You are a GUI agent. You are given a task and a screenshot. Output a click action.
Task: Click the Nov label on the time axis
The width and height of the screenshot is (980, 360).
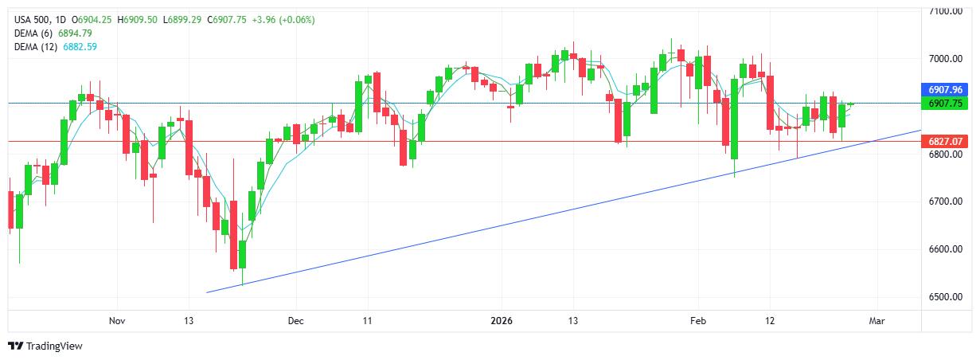117,321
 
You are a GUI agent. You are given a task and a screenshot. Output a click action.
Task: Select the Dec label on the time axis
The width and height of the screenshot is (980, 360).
295,321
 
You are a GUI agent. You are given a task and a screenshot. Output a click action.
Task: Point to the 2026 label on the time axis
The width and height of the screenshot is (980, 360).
502,321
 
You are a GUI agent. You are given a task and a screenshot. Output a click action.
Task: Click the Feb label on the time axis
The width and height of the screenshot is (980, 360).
698,321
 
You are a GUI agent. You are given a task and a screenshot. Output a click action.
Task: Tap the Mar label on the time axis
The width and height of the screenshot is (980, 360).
877,321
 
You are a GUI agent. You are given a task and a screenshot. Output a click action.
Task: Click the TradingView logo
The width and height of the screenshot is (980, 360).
45,346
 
